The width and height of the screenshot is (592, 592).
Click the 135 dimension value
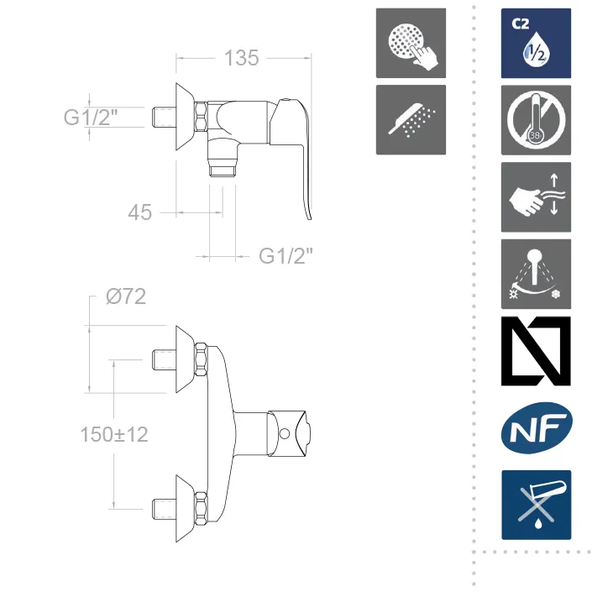(x=242, y=58)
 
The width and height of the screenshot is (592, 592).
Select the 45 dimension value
(x=140, y=212)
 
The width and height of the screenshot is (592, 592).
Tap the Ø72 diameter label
(x=126, y=296)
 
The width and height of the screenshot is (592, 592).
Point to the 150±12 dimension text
(x=114, y=434)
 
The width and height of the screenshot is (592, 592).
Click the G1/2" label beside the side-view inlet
(x=91, y=117)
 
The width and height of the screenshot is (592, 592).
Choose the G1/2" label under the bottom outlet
(x=286, y=256)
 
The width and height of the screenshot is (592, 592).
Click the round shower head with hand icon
(x=411, y=43)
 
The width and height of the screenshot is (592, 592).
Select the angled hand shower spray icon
(x=411, y=120)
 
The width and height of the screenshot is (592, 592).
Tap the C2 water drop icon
(x=536, y=43)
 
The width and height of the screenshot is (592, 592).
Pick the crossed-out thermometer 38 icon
(x=536, y=120)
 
